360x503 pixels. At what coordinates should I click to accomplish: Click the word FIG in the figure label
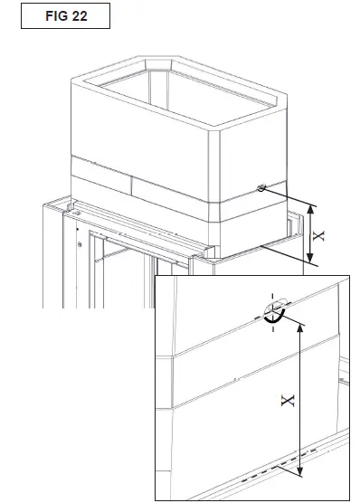53,16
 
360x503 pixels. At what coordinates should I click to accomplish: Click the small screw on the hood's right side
261,189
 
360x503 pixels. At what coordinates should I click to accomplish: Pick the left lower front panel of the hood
101,182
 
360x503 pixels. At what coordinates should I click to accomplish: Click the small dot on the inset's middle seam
233,376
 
